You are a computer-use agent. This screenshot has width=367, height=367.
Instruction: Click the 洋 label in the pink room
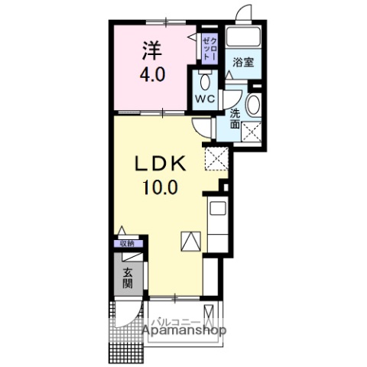tap(152, 50)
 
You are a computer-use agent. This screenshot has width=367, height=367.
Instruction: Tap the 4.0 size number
tap(153, 74)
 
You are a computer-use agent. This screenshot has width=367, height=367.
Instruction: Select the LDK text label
tap(161, 164)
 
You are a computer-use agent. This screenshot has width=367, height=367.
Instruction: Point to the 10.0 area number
tap(160, 187)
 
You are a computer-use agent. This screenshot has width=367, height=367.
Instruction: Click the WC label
tap(205, 99)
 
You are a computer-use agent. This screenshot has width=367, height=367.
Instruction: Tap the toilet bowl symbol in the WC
tap(205, 82)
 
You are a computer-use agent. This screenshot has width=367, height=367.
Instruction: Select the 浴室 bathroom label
tap(243, 63)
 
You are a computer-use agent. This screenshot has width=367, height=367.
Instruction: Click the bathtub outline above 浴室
tap(243, 37)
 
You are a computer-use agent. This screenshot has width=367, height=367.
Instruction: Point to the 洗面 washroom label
tap(235, 119)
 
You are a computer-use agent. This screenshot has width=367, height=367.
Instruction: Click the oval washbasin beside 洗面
tap(254, 105)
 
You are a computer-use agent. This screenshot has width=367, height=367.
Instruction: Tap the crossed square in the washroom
tap(252, 132)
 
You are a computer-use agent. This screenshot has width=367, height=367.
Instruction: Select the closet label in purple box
tap(210, 48)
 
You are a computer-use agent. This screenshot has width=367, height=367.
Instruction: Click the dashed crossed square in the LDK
tap(216, 158)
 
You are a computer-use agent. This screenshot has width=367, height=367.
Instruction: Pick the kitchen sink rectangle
tap(218, 208)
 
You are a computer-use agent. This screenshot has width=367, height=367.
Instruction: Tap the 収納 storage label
tap(127, 244)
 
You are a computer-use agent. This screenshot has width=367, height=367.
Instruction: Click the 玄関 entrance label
tap(127, 278)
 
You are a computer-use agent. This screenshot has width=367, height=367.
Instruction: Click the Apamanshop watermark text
tap(184, 330)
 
